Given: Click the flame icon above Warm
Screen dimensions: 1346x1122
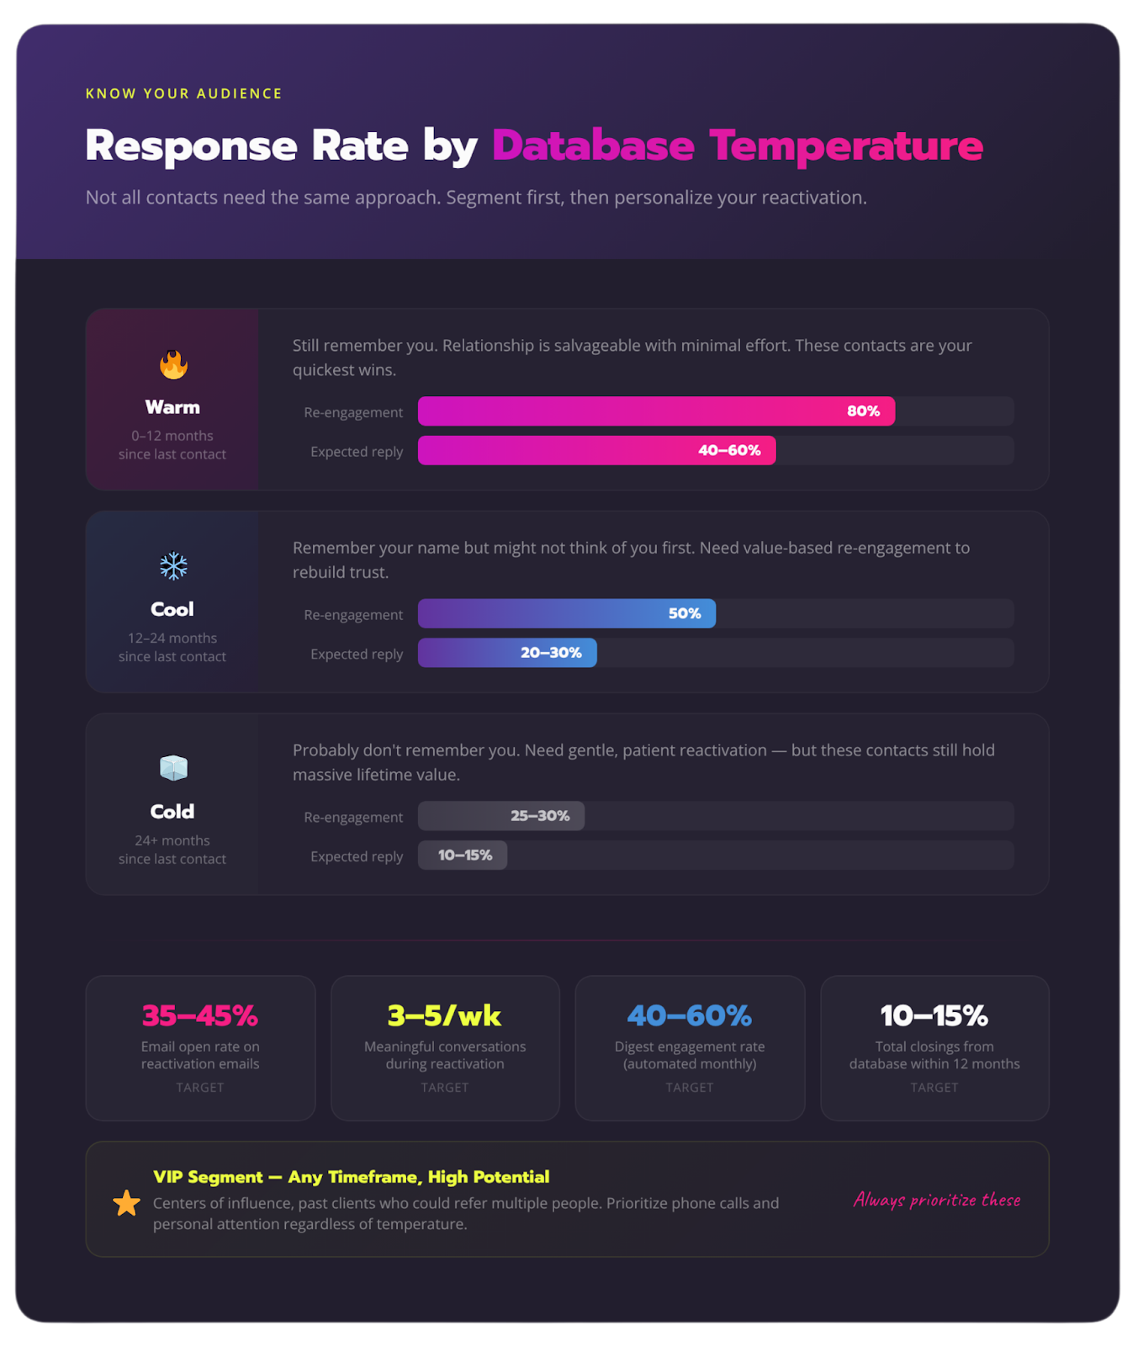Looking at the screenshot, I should (173, 365).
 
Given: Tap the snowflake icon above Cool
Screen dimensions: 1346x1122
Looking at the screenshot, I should (173, 566).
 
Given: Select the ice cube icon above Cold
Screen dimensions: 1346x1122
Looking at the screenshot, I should (173, 768).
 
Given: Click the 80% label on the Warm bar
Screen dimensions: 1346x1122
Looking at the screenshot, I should (863, 411).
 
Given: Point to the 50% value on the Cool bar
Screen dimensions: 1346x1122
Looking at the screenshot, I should (684, 614).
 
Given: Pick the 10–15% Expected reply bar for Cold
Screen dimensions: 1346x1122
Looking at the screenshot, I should (463, 856).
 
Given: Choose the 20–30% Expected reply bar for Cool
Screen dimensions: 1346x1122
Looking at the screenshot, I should (508, 653).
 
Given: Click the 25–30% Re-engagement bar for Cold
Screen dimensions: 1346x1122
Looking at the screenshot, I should (502, 816).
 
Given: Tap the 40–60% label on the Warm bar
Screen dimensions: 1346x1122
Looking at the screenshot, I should (728, 451).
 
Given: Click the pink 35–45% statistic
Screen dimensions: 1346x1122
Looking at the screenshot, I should (200, 1016).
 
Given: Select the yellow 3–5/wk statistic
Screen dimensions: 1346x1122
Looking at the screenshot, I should (444, 1016).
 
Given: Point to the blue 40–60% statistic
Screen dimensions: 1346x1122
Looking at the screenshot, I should (689, 1016).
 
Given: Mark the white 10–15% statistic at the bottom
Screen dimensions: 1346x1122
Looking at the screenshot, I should (934, 1016).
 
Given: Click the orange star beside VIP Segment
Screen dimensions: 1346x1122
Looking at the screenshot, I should (127, 1203).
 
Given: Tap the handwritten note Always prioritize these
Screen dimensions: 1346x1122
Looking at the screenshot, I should (937, 1200).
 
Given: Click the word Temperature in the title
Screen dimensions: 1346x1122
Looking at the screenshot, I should (845, 146).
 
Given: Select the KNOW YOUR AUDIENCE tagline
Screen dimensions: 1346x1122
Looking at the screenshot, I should (183, 93).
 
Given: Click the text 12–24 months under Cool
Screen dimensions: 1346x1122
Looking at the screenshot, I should (172, 639).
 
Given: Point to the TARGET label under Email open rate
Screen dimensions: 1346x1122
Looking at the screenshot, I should (200, 1088).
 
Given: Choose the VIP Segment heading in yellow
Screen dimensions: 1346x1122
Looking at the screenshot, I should (351, 1177).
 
